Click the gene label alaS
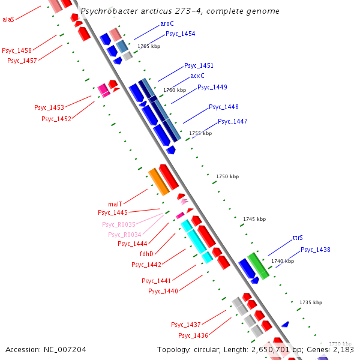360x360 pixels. (x=8, y=19)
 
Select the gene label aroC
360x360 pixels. (x=167, y=23)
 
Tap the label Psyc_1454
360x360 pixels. (x=180, y=34)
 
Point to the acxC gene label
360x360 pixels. (x=197, y=76)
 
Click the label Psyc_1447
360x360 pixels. (x=232, y=121)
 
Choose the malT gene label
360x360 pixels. (x=115, y=204)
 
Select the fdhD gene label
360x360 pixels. (x=146, y=254)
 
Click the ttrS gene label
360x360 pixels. (x=298, y=238)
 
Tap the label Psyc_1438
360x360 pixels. (x=316, y=250)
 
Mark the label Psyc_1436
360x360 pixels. (x=193, y=335)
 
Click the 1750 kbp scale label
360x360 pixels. (x=227, y=176)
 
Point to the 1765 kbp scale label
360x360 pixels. (x=149, y=46)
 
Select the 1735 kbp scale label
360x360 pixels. (x=311, y=302)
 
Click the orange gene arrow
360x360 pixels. (x=159, y=182)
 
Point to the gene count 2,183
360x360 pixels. (x=343, y=349)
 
